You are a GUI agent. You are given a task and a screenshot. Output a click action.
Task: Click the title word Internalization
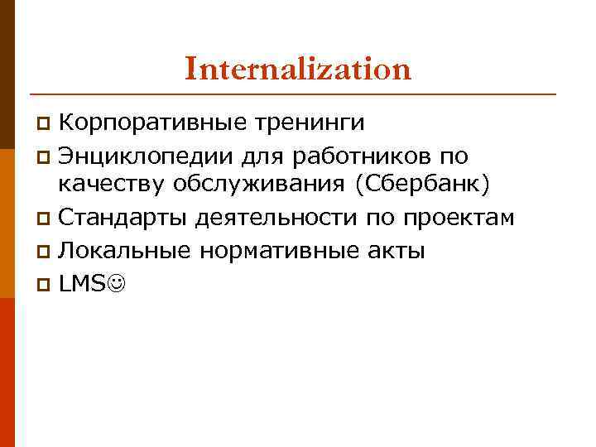tap(298, 69)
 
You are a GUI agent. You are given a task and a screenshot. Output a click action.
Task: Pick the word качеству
tap(108, 186)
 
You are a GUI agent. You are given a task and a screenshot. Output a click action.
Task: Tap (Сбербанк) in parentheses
tap(423, 186)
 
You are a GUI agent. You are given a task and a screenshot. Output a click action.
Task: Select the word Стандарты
tap(123, 218)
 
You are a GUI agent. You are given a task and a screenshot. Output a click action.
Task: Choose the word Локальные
tap(123, 250)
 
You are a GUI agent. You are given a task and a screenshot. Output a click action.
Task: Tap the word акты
tap(398, 250)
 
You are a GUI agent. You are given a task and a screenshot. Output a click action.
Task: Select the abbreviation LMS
tap(83, 282)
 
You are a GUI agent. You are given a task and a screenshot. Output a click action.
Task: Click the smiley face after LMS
tap(118, 283)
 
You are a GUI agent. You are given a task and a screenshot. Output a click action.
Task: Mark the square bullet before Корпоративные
tap(46, 125)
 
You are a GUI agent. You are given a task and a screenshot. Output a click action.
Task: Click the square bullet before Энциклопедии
tap(46, 156)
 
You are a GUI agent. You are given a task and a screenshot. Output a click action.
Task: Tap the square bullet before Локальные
tap(46, 252)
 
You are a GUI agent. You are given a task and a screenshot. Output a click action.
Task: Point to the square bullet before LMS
tap(46, 284)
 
